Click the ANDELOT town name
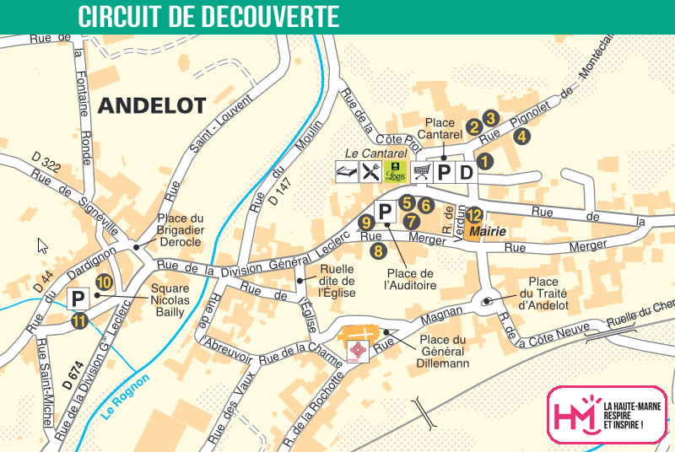pyautogui.click(x=152, y=105)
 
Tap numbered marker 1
pyautogui.click(x=483, y=159)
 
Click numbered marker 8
pyautogui.click(x=378, y=249)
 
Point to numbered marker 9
pyautogui.click(x=365, y=223)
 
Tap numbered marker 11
pyautogui.click(x=79, y=320)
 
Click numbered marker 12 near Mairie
pyautogui.click(x=474, y=214)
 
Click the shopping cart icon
pyautogui.click(x=421, y=172)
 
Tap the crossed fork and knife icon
pyautogui.click(x=370, y=172)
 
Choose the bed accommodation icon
pyautogui.click(x=345, y=172)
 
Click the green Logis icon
pyautogui.click(x=395, y=172)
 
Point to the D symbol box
pyautogui.click(x=466, y=172)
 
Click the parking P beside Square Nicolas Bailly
pyautogui.click(x=78, y=299)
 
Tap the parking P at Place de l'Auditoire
pyautogui.click(x=384, y=213)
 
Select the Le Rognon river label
pyautogui.click(x=124, y=397)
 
